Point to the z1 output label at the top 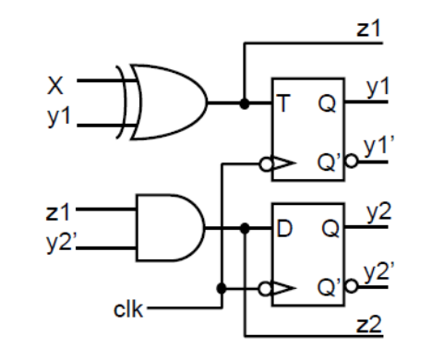pyautogui.click(x=370, y=30)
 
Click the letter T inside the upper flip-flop pyautogui.click(x=283, y=102)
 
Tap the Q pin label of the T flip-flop pyautogui.click(x=328, y=102)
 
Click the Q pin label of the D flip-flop pyautogui.click(x=328, y=227)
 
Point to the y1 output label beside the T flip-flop pyautogui.click(x=378, y=89)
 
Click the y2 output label pyautogui.click(x=378, y=214)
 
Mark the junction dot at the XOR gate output pyautogui.click(x=244, y=102)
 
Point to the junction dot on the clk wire pyautogui.click(x=222, y=287)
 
